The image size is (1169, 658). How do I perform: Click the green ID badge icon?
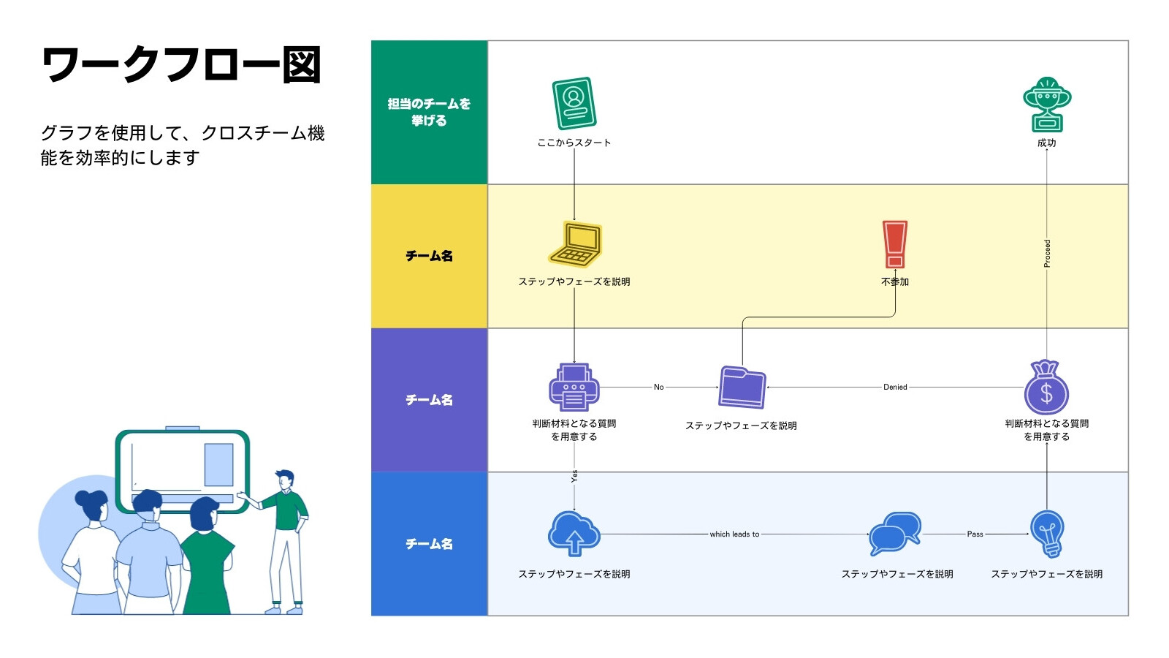(574, 103)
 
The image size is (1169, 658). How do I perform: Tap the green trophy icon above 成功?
(1046, 105)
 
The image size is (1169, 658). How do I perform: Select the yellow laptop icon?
(575, 244)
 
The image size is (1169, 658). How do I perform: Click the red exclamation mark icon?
(894, 244)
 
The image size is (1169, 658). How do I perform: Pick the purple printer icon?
(574, 387)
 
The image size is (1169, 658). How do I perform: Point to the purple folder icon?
(742, 387)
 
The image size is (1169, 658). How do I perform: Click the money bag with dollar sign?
(1046, 387)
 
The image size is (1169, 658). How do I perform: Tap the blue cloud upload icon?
(574, 534)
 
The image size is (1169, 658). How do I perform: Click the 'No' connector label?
(658, 387)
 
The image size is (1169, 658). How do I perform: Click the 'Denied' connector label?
(895, 387)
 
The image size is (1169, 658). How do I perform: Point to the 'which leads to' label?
(734, 534)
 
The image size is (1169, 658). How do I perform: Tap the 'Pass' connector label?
(975, 534)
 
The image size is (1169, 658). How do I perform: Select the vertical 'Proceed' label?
(1047, 253)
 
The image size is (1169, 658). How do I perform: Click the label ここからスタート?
(574, 143)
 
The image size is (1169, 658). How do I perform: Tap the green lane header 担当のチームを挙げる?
(429, 112)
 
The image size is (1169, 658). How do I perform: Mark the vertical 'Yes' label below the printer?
(574, 476)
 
